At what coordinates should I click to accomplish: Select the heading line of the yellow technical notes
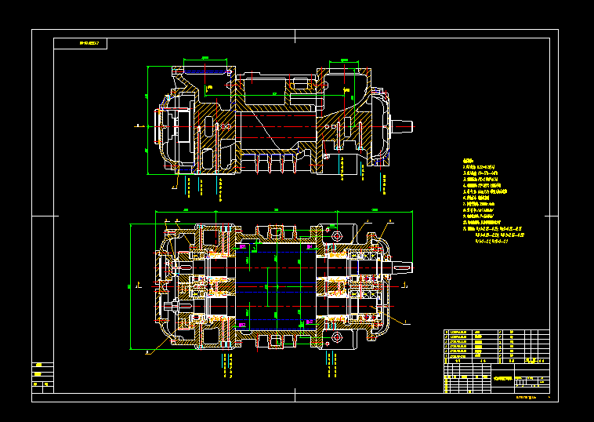coord(469,162)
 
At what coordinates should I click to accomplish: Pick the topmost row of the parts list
coord(486,332)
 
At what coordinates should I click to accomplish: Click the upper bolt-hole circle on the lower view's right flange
coord(337,235)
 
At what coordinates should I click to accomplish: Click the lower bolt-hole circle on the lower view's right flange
coord(337,337)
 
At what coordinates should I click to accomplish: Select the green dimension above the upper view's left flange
coord(205,58)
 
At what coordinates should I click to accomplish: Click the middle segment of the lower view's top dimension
coord(277,211)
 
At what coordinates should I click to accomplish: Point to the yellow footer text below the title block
coord(527,398)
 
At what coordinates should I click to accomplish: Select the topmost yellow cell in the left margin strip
coord(38,366)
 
